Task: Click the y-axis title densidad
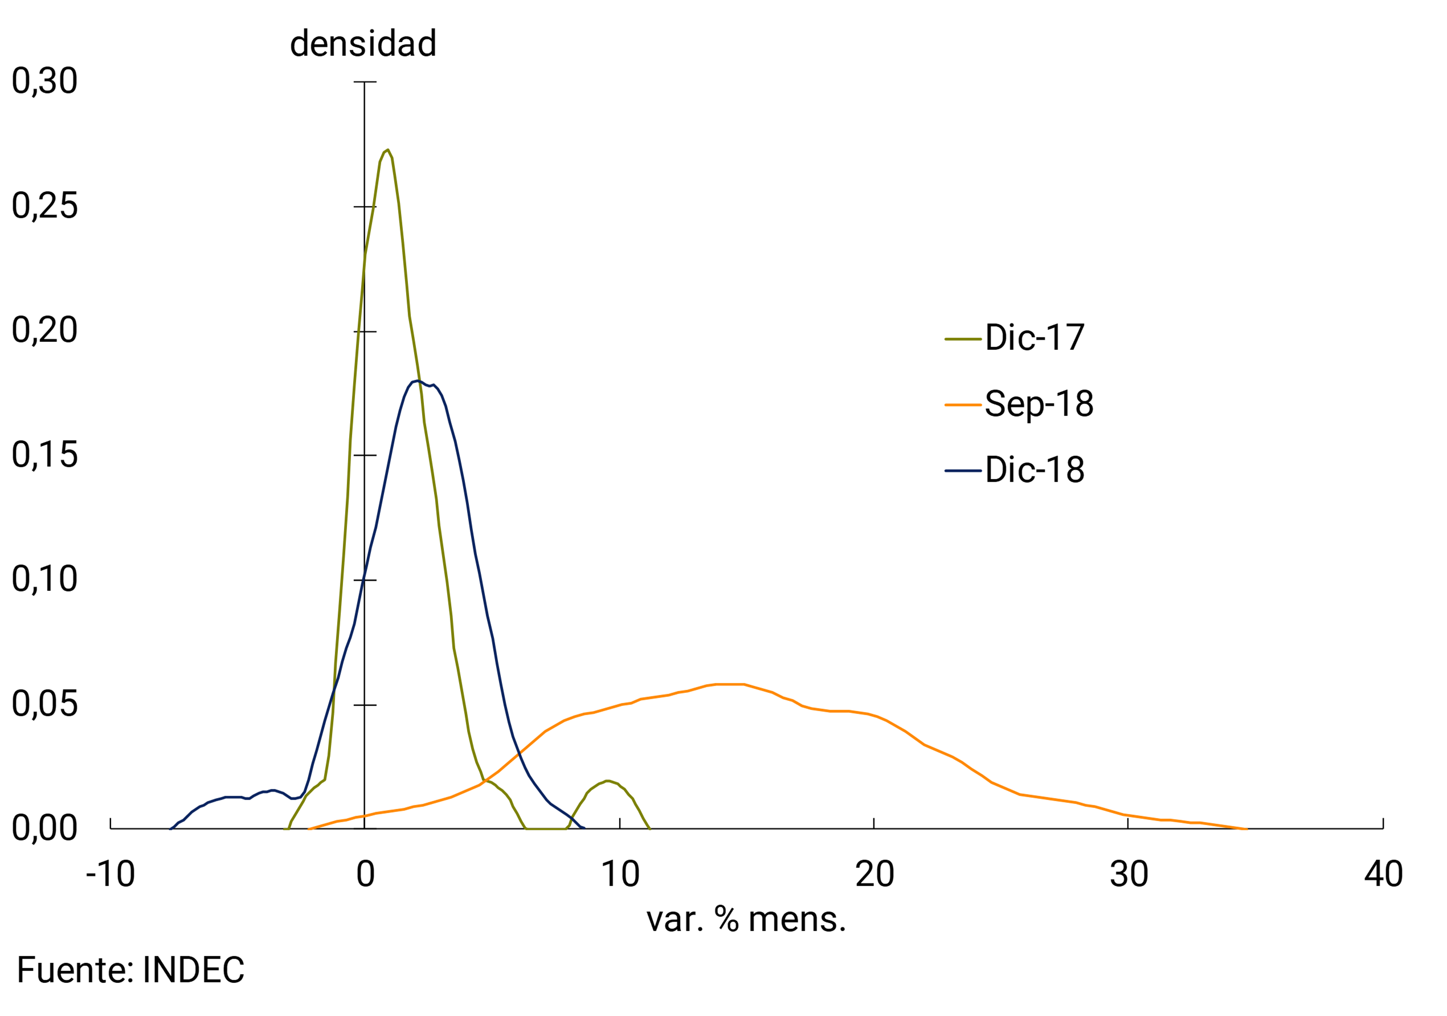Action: tap(363, 43)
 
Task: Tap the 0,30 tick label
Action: tap(45, 81)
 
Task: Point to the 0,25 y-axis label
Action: tap(45, 206)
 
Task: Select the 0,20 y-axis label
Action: tap(45, 330)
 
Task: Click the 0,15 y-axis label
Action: tap(45, 455)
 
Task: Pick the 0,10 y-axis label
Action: tap(45, 579)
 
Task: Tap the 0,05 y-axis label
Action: tap(45, 704)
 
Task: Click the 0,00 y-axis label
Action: tap(45, 828)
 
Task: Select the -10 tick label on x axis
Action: tap(111, 875)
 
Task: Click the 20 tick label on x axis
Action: tap(874, 875)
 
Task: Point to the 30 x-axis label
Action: tap(1129, 875)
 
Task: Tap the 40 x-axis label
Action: tap(1383, 875)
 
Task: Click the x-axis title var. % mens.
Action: tap(746, 920)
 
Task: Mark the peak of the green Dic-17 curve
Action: tap(387, 150)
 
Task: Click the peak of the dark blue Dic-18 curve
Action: tap(417, 381)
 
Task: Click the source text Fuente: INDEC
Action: tap(130, 970)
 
